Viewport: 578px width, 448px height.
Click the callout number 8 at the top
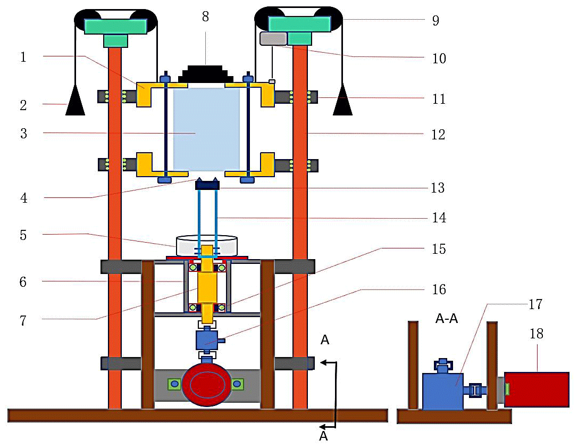pos(205,16)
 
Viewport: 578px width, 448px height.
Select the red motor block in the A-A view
pos(536,389)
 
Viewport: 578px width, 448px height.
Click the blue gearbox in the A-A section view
pos(442,391)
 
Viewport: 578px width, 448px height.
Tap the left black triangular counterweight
pos(76,104)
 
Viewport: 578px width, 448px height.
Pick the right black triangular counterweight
pos(342,104)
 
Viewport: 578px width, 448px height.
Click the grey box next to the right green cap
pos(273,38)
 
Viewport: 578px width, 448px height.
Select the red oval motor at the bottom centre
pos(206,383)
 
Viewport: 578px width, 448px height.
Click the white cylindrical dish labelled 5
pos(206,245)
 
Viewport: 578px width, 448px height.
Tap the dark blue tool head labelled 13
pos(207,185)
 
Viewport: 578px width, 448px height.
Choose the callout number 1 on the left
pos(23,57)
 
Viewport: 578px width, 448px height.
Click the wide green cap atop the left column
pos(115,26)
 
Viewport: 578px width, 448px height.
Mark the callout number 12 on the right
pos(438,135)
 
